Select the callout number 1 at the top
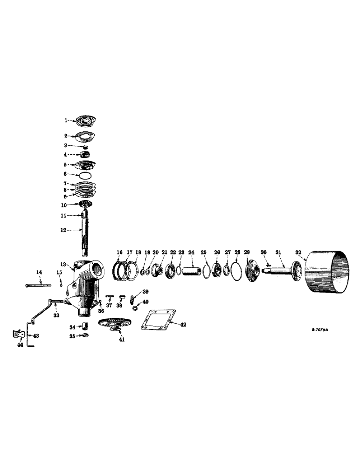pyautogui.click(x=66, y=120)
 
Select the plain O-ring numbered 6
pyautogui.click(x=84, y=175)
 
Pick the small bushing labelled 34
pyautogui.click(x=84, y=325)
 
